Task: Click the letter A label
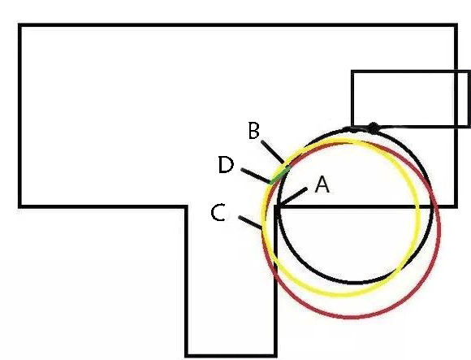(322, 184)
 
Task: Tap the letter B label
(254, 130)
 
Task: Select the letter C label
(218, 212)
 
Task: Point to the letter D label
(226, 165)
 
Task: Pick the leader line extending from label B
(272, 152)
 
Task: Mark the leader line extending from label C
(250, 222)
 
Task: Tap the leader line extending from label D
(256, 176)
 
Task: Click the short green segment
(280, 175)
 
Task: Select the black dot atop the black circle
(373, 128)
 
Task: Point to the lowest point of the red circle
(352, 317)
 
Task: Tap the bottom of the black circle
(356, 283)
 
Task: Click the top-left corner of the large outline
(19, 25)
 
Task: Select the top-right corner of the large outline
(456, 25)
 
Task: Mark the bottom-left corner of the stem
(187, 355)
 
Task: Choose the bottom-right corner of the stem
(275, 355)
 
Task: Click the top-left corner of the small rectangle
(352, 72)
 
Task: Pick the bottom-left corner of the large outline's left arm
(19, 206)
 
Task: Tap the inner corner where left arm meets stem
(187, 206)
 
